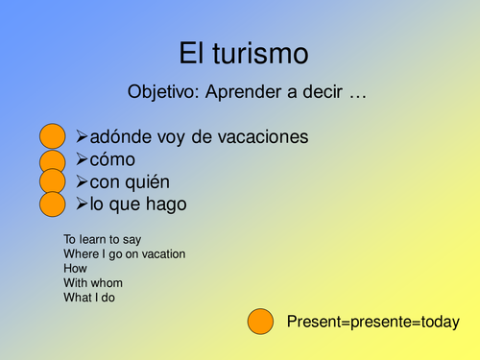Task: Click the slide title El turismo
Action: click(x=245, y=54)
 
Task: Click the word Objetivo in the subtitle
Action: click(x=162, y=93)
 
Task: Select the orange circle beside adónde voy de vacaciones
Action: click(x=53, y=137)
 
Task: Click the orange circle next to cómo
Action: click(x=53, y=159)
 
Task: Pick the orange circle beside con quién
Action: click(x=53, y=181)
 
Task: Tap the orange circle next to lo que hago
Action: click(x=53, y=204)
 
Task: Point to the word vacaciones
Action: click(x=266, y=137)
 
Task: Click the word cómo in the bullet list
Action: click(x=112, y=159)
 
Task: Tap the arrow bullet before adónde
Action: click(x=82, y=137)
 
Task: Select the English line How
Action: click(x=75, y=269)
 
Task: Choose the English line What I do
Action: click(x=91, y=298)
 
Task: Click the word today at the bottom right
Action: click(x=438, y=322)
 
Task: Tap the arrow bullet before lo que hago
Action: click(x=82, y=204)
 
